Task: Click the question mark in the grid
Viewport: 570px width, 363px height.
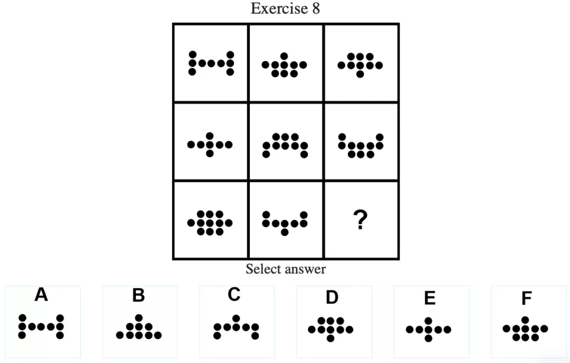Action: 361,222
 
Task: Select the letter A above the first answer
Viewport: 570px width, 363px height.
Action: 41,295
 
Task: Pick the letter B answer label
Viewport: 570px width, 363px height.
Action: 139,296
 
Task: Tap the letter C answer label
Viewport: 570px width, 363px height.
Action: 234,295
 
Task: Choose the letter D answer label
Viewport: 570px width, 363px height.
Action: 332,297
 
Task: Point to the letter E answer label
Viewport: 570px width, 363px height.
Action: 429,299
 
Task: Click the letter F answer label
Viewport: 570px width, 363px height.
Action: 526,299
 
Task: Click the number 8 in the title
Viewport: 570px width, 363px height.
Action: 316,9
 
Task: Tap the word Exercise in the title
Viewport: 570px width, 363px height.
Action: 279,9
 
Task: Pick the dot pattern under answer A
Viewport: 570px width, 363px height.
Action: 41,327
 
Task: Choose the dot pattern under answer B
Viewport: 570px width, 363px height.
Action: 139,328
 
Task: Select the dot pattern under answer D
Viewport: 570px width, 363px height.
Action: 331,329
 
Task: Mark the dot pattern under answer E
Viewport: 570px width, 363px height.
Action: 428,330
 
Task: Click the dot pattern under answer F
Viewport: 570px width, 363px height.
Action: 525,329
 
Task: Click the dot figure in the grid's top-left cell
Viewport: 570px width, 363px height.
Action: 210,63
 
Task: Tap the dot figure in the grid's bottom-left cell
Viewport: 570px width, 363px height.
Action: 210,223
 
